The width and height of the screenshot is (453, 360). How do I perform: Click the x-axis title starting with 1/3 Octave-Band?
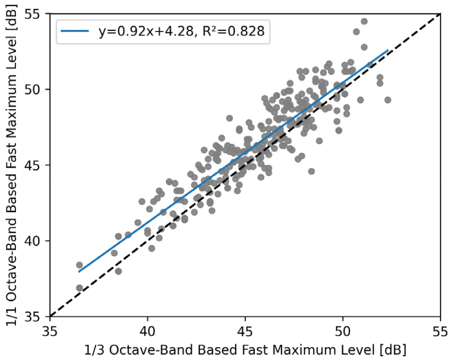pyautogui.click(x=245, y=350)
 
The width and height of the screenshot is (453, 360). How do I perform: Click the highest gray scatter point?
pyautogui.click(x=364, y=21)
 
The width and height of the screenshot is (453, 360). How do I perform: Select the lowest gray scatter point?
pyautogui.click(x=79, y=288)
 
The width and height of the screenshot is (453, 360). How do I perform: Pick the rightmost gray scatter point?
pyautogui.click(x=388, y=100)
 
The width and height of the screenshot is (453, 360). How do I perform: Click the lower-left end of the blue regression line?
pyautogui.click(x=79, y=271)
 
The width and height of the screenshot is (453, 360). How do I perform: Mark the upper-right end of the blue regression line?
pyautogui.click(x=388, y=50)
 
